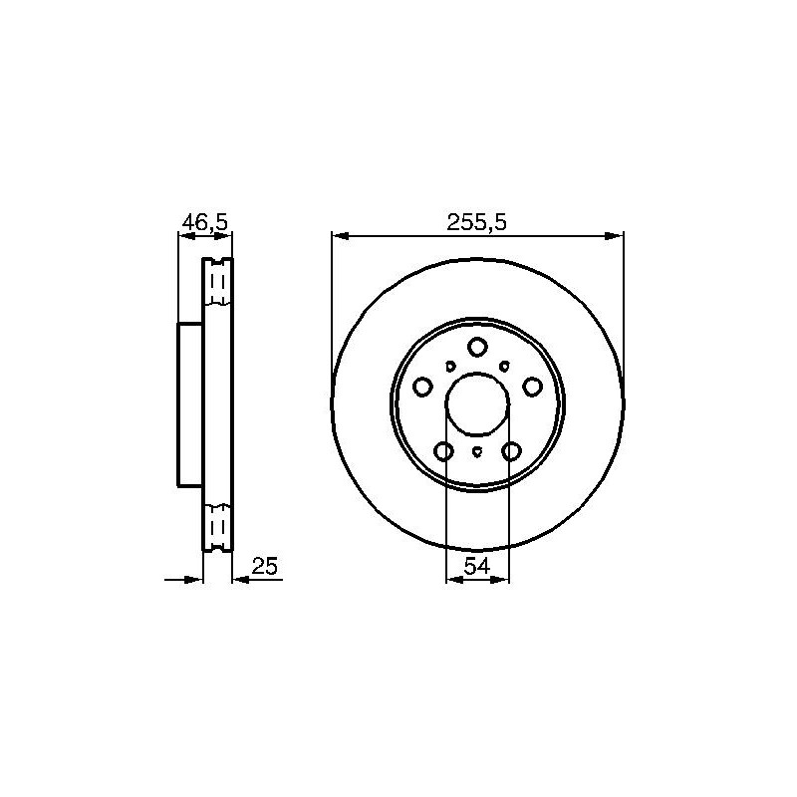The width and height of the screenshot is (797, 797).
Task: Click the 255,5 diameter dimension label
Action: [477, 222]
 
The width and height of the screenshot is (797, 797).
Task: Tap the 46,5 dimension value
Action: [205, 222]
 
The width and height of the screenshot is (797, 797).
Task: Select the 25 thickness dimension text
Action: [265, 566]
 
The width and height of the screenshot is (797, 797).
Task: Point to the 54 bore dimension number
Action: [477, 566]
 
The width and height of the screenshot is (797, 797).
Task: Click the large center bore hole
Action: [477, 404]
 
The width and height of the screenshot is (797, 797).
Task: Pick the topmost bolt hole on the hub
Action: [477, 347]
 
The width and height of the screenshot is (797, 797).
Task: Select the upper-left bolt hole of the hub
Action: [422, 387]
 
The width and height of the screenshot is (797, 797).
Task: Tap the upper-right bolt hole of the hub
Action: [532, 387]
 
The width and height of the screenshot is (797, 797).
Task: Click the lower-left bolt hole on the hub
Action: [443, 451]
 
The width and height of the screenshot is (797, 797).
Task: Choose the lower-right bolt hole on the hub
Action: [511, 451]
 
